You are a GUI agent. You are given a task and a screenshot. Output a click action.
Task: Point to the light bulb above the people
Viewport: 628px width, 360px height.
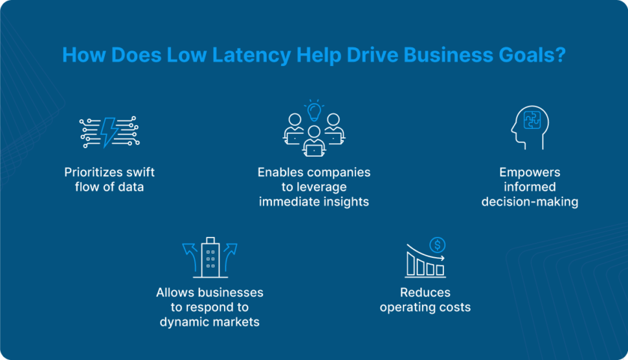[314, 111]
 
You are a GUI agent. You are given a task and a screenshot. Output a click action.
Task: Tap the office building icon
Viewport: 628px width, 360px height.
[210, 257]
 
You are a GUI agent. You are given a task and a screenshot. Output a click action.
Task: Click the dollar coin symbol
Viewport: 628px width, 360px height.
[438, 245]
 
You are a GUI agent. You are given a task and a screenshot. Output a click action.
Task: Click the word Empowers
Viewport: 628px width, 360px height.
[530, 173]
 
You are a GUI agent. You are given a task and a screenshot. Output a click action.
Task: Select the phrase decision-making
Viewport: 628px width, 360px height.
[530, 201]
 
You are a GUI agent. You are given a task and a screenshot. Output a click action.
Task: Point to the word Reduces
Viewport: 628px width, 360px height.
[425, 293]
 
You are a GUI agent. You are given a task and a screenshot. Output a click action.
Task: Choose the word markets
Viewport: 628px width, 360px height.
[236, 321]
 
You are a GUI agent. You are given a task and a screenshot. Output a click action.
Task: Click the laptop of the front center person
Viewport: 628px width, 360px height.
[314, 150]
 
